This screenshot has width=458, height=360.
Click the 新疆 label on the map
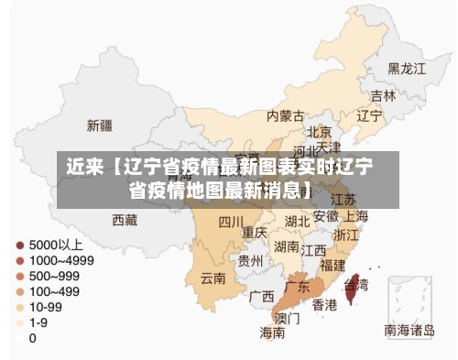coord(100,125)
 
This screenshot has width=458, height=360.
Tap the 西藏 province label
coord(125,220)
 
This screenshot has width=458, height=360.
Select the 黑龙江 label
coord(407,69)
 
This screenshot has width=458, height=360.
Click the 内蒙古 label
coord(285,116)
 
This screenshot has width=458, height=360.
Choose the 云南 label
coord(213,278)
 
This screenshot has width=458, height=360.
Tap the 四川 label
coord(231,221)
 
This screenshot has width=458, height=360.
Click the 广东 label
coord(297,287)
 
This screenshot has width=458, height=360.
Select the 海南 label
coord(272,333)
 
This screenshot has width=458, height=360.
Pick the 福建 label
coord(333,265)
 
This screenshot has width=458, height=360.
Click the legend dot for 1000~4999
coord(20,261)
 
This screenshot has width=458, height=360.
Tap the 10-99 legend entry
coord(46,307)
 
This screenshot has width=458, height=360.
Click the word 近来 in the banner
coord(84,169)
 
